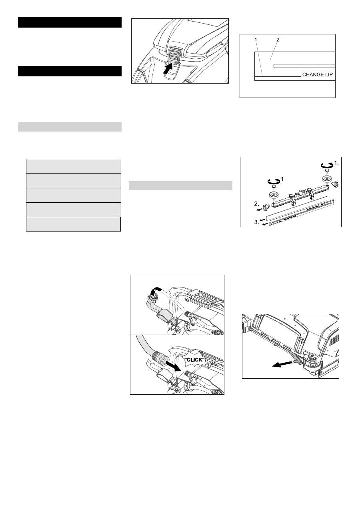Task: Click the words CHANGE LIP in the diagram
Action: tap(318, 74)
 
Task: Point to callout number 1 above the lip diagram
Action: tap(256, 40)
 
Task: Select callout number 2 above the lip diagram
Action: tap(278, 40)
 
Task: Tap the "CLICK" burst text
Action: tap(194, 360)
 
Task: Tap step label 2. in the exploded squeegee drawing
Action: tap(256, 204)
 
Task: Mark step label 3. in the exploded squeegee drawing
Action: tap(256, 222)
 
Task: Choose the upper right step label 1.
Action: tap(336, 163)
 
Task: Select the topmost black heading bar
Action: tap(70, 22)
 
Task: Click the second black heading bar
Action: tap(70, 71)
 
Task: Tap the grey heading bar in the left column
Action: tap(70, 127)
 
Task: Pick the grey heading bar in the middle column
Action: tap(180, 186)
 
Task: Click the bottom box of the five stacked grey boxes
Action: tap(74, 224)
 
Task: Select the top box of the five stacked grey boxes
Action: tap(74, 166)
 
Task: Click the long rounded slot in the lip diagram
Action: tap(304, 66)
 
